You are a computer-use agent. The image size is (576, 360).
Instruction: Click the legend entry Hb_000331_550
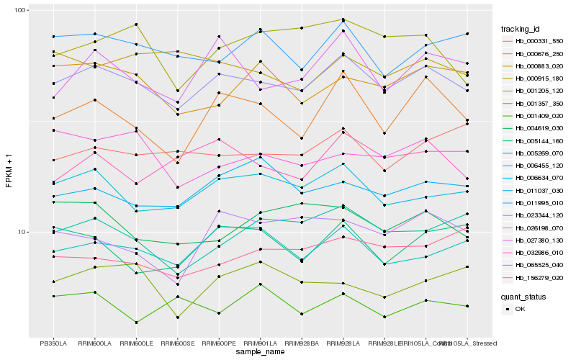[x=534, y=42]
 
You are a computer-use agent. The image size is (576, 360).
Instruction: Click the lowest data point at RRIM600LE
[x=136, y=323]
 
